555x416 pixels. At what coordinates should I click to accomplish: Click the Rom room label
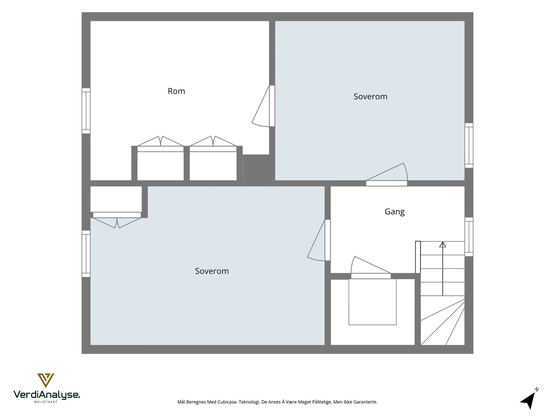176,91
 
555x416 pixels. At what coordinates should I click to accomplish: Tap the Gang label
394,212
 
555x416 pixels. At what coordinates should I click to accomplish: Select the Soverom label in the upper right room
370,96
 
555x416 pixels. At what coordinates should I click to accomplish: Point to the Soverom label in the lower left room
212,271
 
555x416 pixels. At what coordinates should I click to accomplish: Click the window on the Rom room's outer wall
86,111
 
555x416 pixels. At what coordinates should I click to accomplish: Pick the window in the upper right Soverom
469,146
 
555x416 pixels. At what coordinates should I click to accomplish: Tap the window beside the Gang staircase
469,237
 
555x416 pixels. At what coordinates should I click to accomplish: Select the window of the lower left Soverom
86,254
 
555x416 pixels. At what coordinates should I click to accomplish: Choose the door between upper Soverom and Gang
387,175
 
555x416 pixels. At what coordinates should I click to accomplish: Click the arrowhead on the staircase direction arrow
443,244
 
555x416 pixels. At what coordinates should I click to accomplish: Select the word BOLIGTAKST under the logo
46,402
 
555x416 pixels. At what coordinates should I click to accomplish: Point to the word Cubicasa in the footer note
228,402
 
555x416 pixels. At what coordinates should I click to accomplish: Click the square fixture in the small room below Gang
373,302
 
